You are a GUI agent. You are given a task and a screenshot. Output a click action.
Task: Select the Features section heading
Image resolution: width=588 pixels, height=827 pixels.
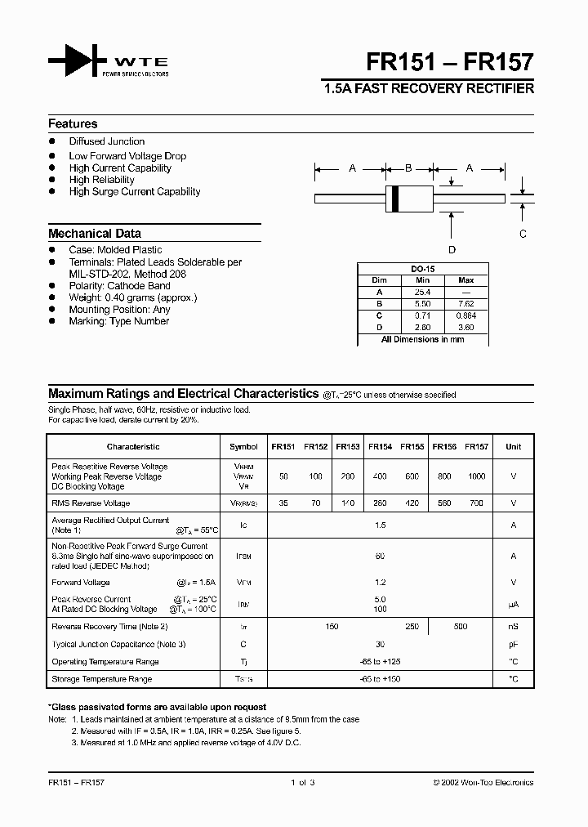[73, 124]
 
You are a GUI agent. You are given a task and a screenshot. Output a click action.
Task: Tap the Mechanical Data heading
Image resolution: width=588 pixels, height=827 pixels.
[95, 234]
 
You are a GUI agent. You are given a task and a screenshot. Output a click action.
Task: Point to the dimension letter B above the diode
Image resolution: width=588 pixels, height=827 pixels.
[408, 168]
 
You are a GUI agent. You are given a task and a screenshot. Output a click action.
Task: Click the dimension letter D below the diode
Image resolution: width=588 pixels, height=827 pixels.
[452, 249]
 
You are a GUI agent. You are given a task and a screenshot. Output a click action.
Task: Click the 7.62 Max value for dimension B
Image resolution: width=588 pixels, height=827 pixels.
[466, 302]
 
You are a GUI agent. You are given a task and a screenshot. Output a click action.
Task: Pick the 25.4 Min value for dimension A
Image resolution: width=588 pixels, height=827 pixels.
[422, 291]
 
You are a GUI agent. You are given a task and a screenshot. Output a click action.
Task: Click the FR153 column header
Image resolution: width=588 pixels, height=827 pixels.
[347, 447]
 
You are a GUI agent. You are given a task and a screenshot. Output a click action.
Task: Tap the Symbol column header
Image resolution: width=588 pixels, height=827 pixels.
[243, 447]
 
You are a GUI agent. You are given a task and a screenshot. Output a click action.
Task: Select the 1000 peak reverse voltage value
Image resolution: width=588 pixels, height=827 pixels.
[476, 476]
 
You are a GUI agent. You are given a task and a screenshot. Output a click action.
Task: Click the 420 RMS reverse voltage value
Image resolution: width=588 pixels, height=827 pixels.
[412, 503]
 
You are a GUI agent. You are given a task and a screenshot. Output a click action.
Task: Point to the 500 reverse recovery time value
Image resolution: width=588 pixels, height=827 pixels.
[461, 627]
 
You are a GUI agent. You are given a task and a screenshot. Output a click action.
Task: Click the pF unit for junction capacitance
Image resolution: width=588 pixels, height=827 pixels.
[513, 644]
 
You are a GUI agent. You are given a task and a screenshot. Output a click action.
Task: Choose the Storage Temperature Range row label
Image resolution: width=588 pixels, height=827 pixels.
[102, 679]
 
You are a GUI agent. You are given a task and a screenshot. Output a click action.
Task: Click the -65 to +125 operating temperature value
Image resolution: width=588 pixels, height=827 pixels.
[380, 661]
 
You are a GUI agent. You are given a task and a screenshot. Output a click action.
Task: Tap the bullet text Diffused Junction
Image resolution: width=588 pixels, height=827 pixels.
[107, 141]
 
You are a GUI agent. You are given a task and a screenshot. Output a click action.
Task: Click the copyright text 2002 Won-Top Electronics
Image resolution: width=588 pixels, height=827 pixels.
[483, 782]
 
